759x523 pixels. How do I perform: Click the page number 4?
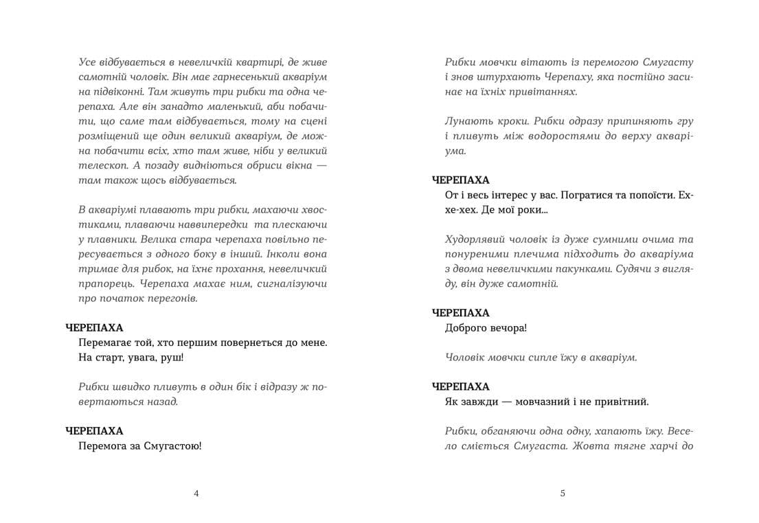(197, 493)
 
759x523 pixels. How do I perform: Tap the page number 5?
(563, 493)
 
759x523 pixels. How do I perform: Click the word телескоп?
(100, 165)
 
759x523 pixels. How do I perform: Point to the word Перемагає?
(107, 342)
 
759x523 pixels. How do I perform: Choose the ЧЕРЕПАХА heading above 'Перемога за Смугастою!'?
(94, 431)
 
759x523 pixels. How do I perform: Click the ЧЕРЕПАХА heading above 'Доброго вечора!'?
(460, 312)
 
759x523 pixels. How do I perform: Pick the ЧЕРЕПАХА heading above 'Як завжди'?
(460, 386)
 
